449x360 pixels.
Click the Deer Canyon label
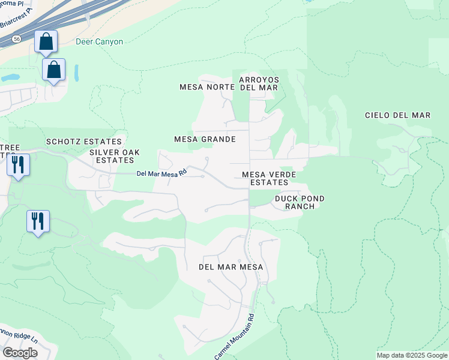(x=99, y=42)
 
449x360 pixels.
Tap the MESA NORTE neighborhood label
(x=206, y=87)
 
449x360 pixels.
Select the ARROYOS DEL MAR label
(x=258, y=83)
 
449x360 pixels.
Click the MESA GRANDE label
(x=204, y=139)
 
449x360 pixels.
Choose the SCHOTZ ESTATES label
(x=84, y=142)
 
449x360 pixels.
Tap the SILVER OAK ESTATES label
(x=112, y=156)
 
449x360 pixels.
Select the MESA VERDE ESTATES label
(x=270, y=178)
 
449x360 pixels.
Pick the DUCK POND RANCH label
(x=300, y=202)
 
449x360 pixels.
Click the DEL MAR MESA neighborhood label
(x=232, y=266)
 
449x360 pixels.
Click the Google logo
(x=20, y=352)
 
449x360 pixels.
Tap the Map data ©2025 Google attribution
(x=411, y=355)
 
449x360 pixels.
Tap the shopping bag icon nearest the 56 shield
(x=46, y=42)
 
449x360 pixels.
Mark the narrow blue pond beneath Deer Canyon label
(x=76, y=72)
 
